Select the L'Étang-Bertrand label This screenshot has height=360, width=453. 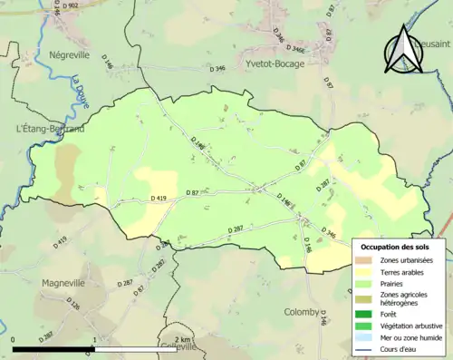click(x=52, y=130)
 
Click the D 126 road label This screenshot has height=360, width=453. click(x=73, y=306)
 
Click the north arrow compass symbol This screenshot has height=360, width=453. click(x=403, y=50)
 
